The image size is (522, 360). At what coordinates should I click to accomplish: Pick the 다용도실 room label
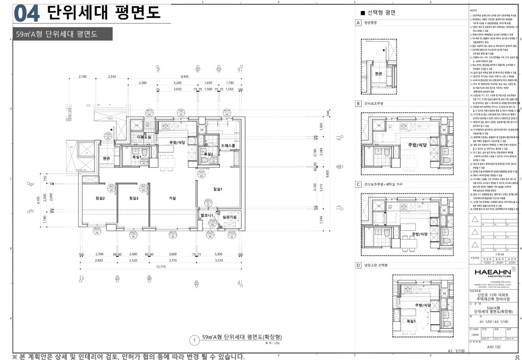[x=144, y=137]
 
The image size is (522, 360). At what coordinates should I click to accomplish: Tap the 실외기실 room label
[x=229, y=217]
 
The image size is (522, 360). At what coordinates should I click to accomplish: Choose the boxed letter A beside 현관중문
[x=358, y=23]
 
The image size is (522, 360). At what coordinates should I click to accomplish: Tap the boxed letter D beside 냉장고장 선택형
[x=358, y=265]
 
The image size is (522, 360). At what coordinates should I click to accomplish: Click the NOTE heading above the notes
[x=474, y=9]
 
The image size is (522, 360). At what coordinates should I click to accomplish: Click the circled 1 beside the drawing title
[x=194, y=340]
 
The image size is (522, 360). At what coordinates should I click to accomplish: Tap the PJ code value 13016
[x=474, y=333]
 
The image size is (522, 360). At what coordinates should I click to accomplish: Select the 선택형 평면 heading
[x=380, y=13]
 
